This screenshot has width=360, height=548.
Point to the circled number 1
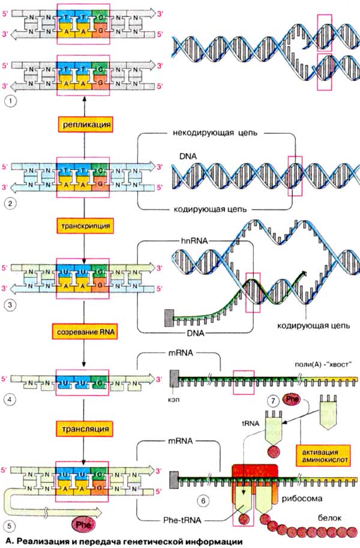click(9, 100)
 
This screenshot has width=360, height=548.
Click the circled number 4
click(9, 398)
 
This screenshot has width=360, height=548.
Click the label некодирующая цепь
click(215, 133)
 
